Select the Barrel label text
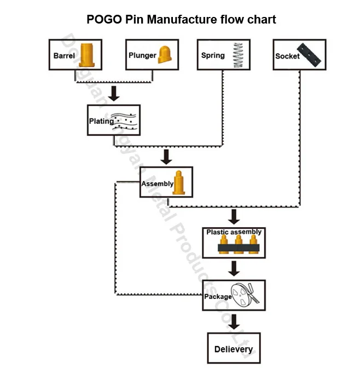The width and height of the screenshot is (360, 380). click(64, 56)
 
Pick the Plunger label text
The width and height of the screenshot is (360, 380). click(142, 55)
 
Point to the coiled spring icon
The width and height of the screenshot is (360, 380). click(237, 55)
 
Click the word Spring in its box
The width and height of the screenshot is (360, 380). click(213, 55)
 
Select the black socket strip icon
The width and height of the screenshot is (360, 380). click(311, 54)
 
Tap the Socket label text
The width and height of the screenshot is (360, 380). click(287, 56)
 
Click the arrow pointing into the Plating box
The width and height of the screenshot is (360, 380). click(114, 93)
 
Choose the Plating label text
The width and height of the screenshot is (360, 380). click(101, 121)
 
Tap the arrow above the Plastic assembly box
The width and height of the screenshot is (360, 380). click(234, 217)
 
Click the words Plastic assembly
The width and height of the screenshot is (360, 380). click(234, 232)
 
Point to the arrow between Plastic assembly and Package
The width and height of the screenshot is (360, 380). click(234, 268)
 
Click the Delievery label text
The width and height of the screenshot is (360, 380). click(234, 349)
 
